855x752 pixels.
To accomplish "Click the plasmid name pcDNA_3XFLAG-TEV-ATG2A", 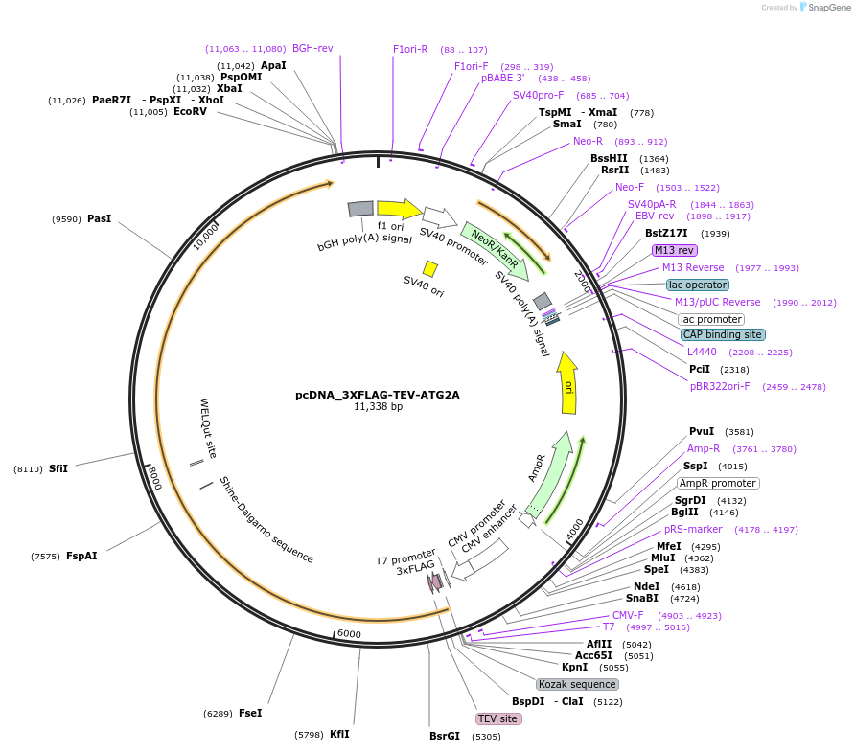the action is [378, 395].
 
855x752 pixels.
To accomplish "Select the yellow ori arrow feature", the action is [567, 383].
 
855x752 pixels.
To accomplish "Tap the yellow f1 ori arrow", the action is [399, 209].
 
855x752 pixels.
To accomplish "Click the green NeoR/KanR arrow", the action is [495, 251].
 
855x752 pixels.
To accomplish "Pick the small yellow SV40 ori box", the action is [430, 269].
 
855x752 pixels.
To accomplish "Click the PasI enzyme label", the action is [100, 218].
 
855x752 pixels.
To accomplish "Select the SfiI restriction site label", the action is [58, 468].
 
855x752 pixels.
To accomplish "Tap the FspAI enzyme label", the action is [81, 556].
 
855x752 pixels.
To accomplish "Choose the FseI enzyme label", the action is [250, 713].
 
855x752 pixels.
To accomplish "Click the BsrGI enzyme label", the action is [445, 736].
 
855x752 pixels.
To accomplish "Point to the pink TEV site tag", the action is [498, 718].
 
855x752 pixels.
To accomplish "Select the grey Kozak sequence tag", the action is [577, 684].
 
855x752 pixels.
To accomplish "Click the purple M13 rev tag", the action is [675, 250].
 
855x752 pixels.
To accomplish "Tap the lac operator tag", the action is [698, 285].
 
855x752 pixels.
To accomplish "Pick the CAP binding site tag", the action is [723, 334].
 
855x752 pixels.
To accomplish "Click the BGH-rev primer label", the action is [312, 48].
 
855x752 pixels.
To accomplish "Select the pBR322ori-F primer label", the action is [720, 386].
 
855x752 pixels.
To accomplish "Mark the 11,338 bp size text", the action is [378, 406].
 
